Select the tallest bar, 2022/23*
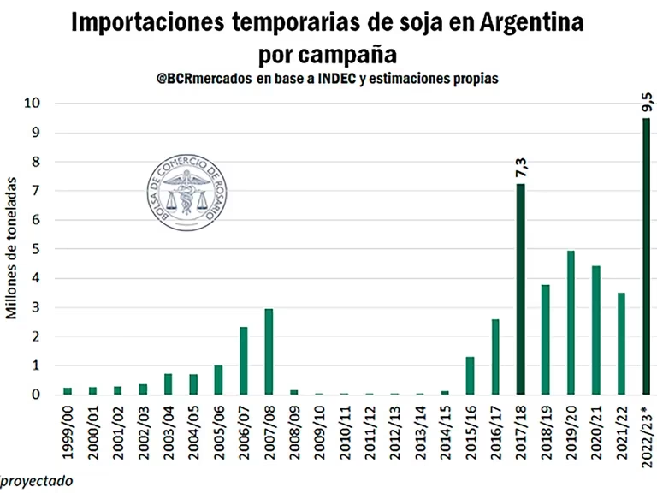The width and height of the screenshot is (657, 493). (x=646, y=257)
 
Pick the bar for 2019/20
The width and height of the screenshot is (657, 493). (x=571, y=323)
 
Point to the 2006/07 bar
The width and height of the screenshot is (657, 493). (x=243, y=360)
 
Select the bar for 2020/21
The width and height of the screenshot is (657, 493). (x=596, y=330)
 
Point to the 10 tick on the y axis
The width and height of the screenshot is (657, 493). (x=33, y=104)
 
